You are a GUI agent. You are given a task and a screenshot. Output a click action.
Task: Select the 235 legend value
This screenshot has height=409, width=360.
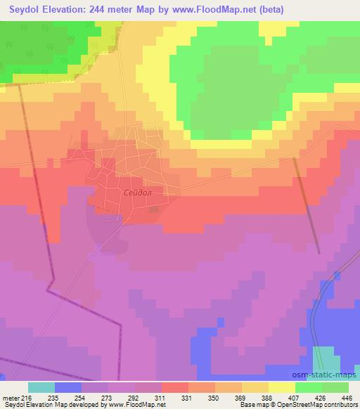click(x=53, y=398)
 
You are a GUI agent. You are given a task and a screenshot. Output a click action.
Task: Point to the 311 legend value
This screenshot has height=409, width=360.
click(x=160, y=398)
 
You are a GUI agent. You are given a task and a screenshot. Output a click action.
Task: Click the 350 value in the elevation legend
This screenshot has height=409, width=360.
click(x=213, y=398)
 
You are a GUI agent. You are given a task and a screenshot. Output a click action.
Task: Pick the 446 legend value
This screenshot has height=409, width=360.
click(x=347, y=398)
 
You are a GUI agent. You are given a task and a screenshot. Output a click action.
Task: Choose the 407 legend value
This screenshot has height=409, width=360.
click(x=293, y=398)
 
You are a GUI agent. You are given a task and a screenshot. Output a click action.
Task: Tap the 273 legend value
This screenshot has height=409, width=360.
click(x=106, y=398)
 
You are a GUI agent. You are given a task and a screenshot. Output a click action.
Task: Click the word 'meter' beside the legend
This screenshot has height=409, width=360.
click(x=9, y=398)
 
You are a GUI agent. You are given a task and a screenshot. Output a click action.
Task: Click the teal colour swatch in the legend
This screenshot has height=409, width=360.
click(x=41, y=387)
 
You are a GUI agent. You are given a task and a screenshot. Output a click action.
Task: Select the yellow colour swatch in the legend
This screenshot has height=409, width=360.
click(x=282, y=387)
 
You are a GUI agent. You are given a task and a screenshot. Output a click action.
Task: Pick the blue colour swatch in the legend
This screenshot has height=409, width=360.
click(x=68, y=387)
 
